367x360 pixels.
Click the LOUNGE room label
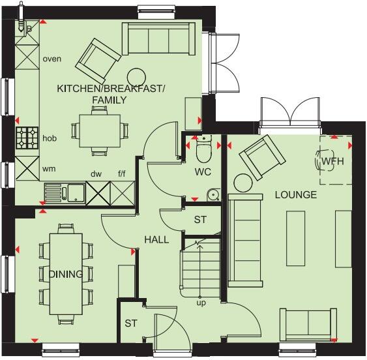pos(295,195)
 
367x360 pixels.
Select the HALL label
pos(156,239)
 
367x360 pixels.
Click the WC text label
pos(202,173)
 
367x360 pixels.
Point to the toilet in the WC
pos(203,151)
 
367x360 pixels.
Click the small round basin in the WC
pos(212,194)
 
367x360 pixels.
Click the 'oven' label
pos(51,59)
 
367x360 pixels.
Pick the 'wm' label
pos(49,168)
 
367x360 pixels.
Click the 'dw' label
pos(96,173)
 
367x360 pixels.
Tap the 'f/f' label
pos(122,173)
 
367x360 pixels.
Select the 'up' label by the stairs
pos(201,303)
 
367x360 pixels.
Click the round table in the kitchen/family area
pos(136,76)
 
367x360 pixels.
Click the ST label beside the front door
pos(131,324)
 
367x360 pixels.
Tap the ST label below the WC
pos(199,220)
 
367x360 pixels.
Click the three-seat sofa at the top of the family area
pos(158,40)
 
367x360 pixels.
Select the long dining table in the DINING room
pos(65,267)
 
